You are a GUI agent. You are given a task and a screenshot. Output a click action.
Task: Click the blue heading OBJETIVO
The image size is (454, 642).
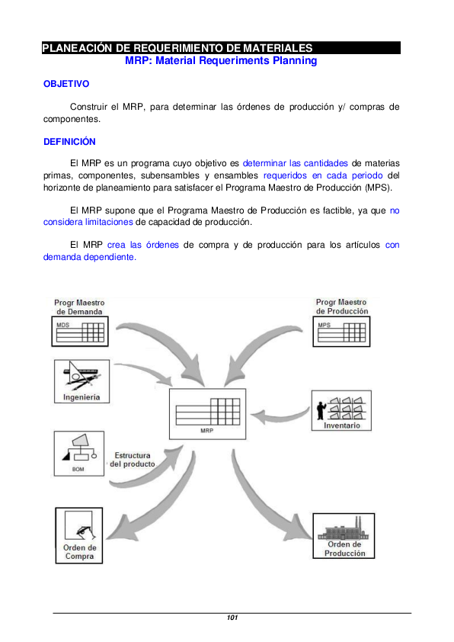click(66, 83)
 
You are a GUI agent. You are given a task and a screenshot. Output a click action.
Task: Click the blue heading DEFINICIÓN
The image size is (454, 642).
click(69, 141)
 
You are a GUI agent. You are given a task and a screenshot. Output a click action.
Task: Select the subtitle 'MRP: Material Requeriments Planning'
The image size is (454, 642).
click(220, 60)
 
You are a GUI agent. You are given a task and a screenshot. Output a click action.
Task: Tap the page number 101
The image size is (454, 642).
click(232, 618)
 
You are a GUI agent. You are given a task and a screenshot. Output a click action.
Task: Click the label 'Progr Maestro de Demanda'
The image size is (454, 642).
click(80, 307)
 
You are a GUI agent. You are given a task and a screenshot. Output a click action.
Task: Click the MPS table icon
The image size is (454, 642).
click(341, 332)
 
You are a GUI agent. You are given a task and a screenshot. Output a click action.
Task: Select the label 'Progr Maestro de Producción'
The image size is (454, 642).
click(342, 307)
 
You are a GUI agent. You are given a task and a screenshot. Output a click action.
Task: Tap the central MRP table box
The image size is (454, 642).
click(207, 412)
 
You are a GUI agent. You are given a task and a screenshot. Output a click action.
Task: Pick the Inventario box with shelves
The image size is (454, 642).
click(342, 412)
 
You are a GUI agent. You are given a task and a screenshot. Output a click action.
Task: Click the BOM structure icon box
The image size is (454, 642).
click(80, 453)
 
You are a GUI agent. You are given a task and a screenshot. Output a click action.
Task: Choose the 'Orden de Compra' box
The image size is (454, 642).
click(79, 536)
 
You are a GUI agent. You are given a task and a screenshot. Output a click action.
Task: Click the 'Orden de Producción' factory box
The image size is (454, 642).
click(344, 536)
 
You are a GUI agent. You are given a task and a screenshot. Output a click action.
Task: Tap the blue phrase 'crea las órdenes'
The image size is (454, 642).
click(143, 245)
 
